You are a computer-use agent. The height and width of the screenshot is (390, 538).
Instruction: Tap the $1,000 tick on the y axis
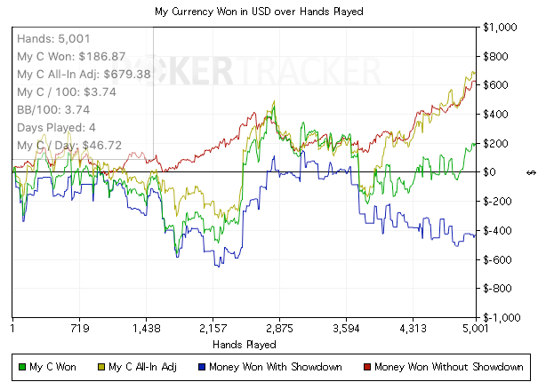[x=501, y=28]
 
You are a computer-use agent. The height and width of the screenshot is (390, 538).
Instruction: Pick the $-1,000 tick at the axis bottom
[x=499, y=317]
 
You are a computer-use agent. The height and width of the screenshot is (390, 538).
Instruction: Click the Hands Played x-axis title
[x=245, y=344]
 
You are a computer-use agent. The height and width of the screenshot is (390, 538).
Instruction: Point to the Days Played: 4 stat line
[x=57, y=128]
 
